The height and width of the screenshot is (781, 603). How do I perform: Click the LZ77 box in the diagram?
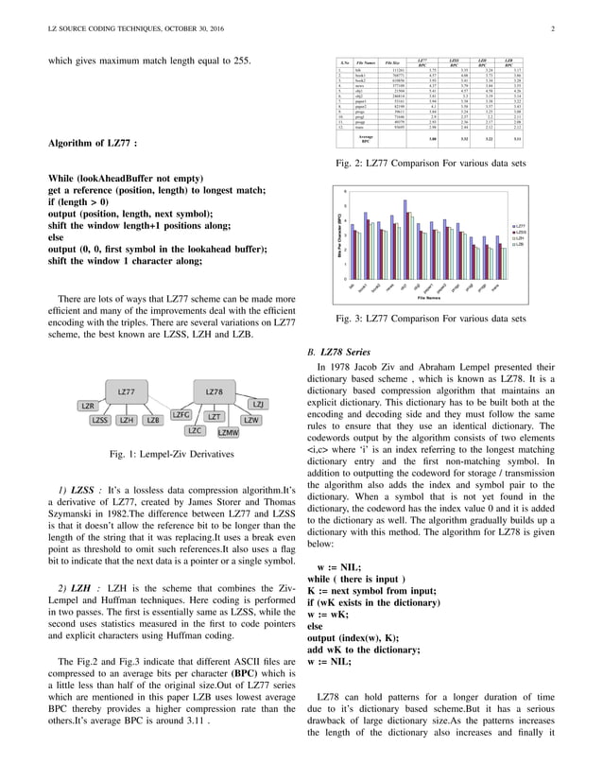point(125,390)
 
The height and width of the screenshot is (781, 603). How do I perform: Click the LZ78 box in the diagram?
point(215,390)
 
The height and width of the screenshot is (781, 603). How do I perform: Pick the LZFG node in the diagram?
point(182,415)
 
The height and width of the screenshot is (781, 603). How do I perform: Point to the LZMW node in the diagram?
point(228,432)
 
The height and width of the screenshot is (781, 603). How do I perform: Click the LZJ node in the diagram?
point(258,405)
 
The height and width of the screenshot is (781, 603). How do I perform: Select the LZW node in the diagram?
point(250,419)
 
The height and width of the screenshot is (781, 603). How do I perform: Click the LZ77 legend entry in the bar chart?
point(519,227)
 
